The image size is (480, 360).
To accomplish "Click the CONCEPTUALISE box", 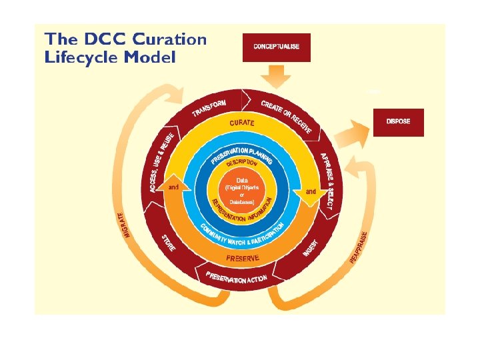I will (x=277, y=47).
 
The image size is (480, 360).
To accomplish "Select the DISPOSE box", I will (x=398, y=121).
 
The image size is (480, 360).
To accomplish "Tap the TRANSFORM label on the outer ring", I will (x=209, y=108).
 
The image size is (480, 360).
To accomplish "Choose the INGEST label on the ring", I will (x=311, y=248).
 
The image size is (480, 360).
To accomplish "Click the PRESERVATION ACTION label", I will (x=237, y=277).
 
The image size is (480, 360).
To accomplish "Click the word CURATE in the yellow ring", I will (x=242, y=123).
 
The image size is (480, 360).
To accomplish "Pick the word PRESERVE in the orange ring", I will (x=242, y=257).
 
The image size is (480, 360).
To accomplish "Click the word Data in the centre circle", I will (x=242, y=179).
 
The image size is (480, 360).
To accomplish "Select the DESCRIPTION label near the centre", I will (x=242, y=163).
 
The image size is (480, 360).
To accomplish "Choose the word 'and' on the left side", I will (x=173, y=187).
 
